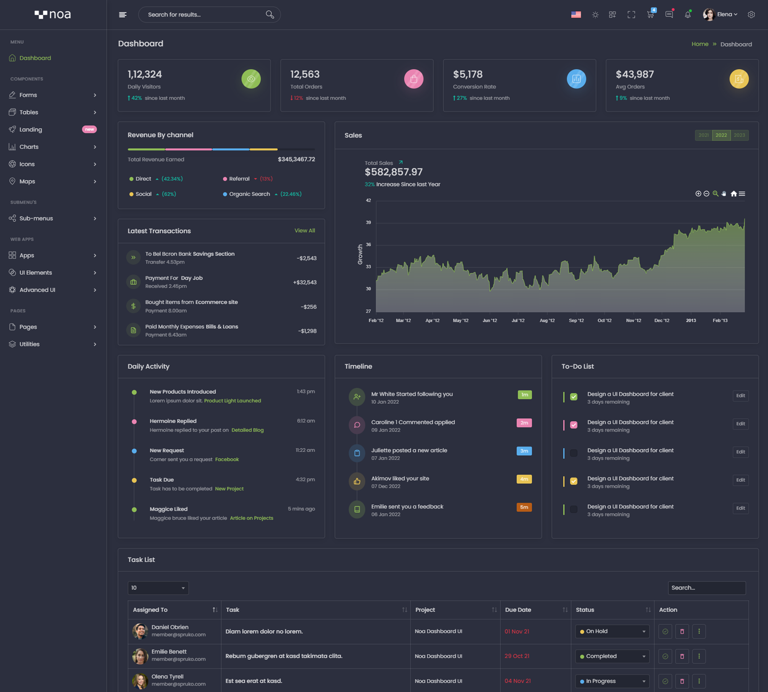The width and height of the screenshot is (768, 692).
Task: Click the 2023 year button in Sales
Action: pos(739,135)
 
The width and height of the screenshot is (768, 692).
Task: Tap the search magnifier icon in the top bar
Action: pos(270,14)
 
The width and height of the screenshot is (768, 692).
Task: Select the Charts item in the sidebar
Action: pos(29,147)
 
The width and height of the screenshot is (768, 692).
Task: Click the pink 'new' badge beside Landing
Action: pos(89,129)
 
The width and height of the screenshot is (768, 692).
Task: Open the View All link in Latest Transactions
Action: pos(305,230)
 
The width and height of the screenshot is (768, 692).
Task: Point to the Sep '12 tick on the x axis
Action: pos(576,321)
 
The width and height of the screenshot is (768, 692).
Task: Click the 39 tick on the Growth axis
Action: pos(368,222)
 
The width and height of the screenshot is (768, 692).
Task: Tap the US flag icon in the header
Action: pos(576,14)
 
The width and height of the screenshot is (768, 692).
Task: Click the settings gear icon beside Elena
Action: pos(751,14)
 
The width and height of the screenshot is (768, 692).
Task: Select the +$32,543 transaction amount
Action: pos(305,282)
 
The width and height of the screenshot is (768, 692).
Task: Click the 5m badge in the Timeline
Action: pos(524,507)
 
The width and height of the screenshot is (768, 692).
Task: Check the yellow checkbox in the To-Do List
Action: pos(574,481)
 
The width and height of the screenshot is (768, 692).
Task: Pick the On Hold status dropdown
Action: pos(612,631)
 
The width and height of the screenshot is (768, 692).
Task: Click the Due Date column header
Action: pos(518,610)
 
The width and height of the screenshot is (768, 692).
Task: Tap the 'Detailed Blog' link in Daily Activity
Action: pos(247,430)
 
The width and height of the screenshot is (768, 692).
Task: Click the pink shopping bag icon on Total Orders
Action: pos(413,79)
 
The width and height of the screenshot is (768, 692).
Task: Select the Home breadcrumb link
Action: pos(700,44)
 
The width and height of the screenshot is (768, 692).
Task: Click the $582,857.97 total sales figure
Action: pos(394,172)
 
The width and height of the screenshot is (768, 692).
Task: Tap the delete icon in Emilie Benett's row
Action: pos(682,656)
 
